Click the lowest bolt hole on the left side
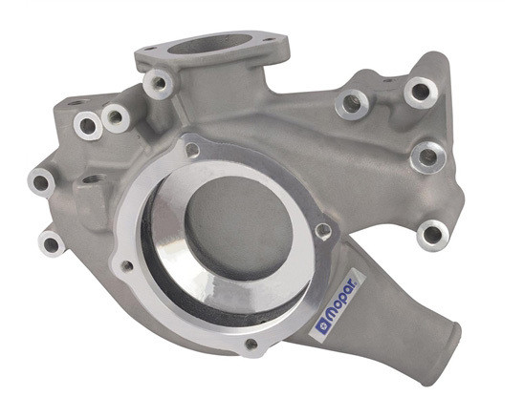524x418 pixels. coord(51,242)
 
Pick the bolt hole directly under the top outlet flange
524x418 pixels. coord(156,84)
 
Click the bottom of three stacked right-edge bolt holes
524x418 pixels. coord(433,231)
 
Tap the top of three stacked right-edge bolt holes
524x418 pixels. coord(419,92)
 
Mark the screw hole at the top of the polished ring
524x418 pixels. coord(193,151)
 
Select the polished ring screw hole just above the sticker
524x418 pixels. coord(323,229)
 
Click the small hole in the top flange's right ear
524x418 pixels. coord(271,40)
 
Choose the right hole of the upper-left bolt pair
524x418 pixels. coord(115,117)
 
